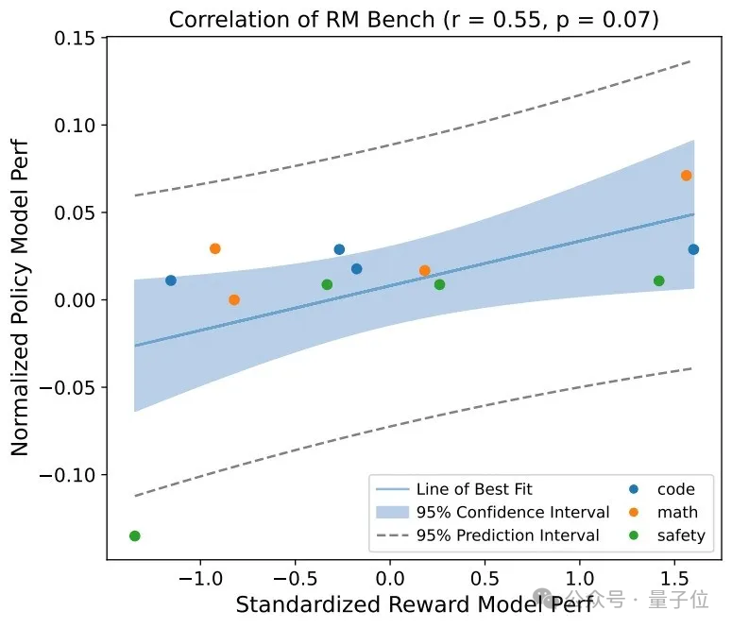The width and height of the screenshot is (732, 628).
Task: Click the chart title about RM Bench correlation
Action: click(x=413, y=19)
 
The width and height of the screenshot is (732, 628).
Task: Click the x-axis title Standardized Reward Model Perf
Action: click(x=413, y=604)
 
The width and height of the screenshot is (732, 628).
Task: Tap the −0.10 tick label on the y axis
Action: click(x=71, y=475)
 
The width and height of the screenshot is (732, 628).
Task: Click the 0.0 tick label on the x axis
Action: click(x=389, y=576)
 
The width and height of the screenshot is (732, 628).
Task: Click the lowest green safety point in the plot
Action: click(x=134, y=536)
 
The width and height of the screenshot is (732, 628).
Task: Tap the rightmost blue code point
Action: click(x=693, y=249)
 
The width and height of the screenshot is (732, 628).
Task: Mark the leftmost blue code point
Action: click(x=171, y=280)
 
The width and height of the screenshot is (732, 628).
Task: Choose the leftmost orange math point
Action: click(x=215, y=248)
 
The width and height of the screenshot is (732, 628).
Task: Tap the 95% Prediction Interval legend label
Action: click(x=508, y=535)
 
